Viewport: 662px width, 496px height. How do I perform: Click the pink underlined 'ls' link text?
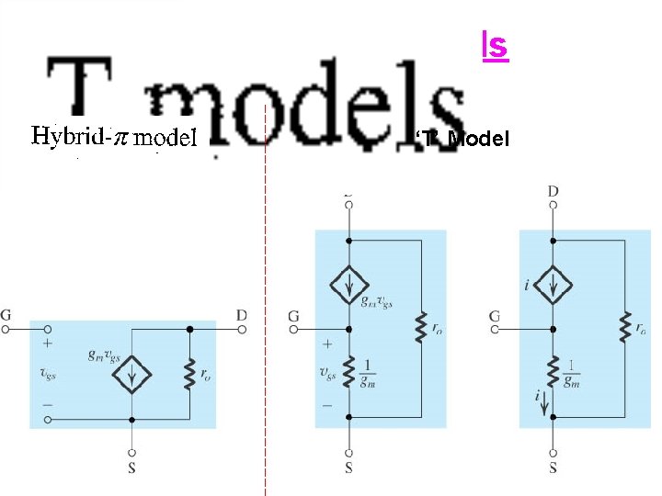click(495, 45)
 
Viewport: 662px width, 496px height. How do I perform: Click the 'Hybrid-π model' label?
click(115, 138)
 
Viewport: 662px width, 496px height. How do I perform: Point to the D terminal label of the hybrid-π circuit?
click(241, 315)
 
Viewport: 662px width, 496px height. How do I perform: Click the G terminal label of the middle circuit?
click(293, 316)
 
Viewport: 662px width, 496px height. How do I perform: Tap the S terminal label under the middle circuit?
click(349, 468)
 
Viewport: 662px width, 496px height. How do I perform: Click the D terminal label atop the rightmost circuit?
click(553, 191)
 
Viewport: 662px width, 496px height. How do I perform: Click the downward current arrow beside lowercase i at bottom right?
click(544, 400)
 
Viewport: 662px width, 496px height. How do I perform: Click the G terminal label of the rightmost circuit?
click(495, 316)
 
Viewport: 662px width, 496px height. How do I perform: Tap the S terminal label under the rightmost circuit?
click(553, 468)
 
